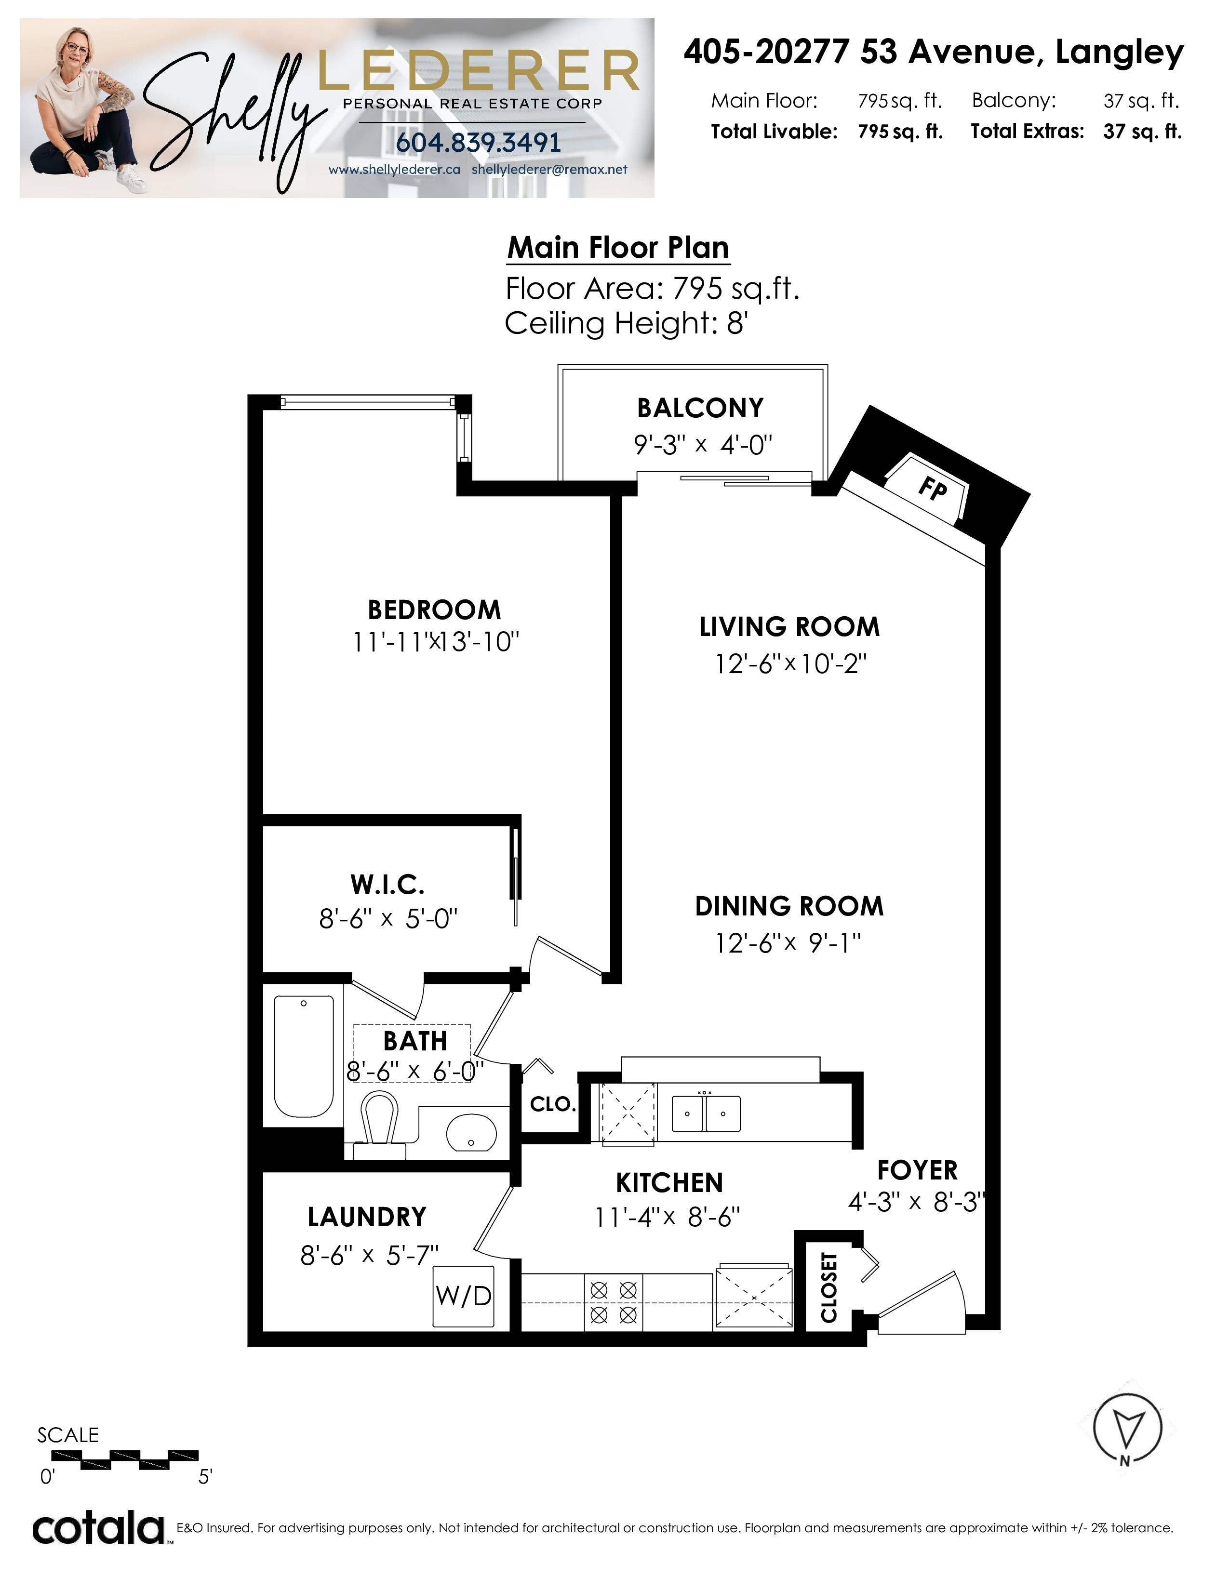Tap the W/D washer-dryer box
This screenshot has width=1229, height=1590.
pos(464,1296)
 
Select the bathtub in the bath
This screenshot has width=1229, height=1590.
pos(304,1056)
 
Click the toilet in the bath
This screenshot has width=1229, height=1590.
pos(379,1125)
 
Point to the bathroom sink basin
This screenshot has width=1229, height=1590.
pos(471,1134)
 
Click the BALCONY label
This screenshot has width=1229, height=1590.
pos(700,409)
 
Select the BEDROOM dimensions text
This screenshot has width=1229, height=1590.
pos(435,642)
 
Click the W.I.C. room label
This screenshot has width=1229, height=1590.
pos(387,885)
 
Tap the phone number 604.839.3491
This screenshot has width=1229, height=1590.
pos(479,143)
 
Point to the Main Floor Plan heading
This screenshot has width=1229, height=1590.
pos(618,248)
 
